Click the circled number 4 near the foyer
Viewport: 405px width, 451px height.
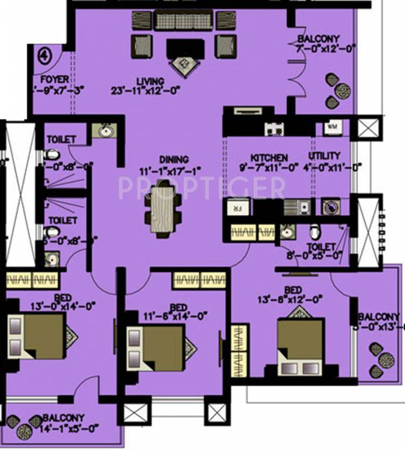[x=44, y=56]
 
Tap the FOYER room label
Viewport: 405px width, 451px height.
[x=54, y=79]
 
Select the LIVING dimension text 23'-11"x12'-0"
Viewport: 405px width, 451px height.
[x=145, y=90]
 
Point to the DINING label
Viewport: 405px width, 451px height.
[x=174, y=159]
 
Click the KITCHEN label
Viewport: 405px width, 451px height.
[x=269, y=158]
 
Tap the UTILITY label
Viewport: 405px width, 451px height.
[x=324, y=156]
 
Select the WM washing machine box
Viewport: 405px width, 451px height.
[x=332, y=126]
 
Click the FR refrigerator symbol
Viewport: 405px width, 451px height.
[x=238, y=207]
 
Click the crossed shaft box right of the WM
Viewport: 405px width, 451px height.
[x=369, y=128]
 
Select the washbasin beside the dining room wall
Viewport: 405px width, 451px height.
[x=104, y=130]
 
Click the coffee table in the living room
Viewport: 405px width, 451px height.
[x=185, y=48]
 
